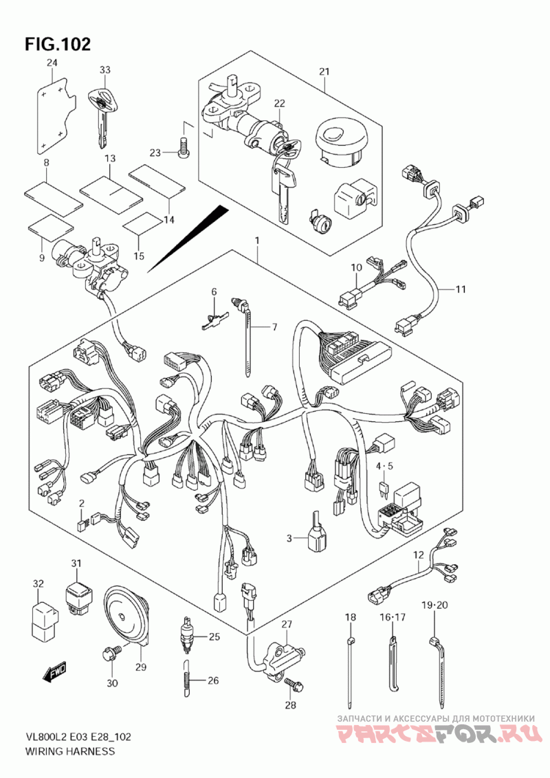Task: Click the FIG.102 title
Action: [x=58, y=44]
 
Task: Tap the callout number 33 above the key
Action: [x=104, y=70]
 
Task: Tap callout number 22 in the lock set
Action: [x=279, y=103]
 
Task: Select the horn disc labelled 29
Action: [x=126, y=614]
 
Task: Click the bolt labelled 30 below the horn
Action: [x=111, y=654]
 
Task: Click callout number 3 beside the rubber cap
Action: [x=289, y=537]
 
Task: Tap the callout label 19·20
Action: [x=434, y=605]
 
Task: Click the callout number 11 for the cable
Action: [x=461, y=289]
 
